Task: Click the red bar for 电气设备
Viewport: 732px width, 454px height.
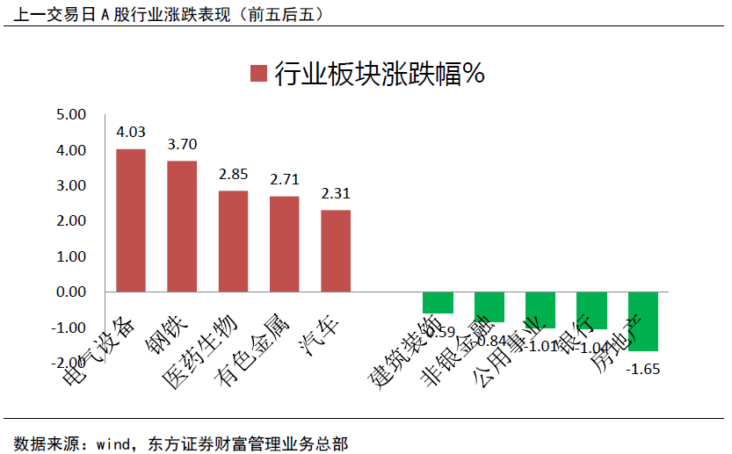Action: [131, 220]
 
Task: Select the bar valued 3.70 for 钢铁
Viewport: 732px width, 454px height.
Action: [182, 226]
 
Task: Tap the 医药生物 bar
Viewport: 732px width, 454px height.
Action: [233, 241]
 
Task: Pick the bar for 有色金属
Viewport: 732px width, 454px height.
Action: [284, 243]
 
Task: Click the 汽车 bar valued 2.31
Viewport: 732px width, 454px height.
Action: [336, 250]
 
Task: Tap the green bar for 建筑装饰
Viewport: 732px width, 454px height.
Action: [438, 302]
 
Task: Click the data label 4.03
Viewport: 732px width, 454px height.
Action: [131, 133]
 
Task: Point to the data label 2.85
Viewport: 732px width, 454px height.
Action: [233, 174]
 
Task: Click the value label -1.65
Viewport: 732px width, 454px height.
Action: [642, 369]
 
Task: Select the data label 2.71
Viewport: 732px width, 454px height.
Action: [284, 179]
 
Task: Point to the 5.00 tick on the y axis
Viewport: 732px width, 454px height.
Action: [70, 115]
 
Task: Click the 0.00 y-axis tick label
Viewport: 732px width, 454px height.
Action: [70, 292]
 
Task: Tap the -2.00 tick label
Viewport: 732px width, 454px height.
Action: [69, 363]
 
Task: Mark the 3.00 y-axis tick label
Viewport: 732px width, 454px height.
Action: [70, 186]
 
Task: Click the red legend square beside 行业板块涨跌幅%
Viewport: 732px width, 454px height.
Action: [257, 74]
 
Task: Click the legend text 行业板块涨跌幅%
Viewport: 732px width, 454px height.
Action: [380, 74]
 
